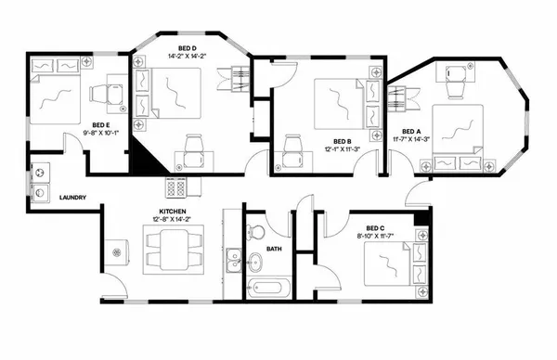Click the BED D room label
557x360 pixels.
tap(186, 45)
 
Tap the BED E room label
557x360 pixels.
tap(101, 125)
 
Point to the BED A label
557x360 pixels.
tap(411, 131)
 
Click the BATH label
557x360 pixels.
tap(274, 249)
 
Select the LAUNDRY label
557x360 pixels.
tap(72, 198)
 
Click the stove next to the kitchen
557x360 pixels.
tap(175, 186)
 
